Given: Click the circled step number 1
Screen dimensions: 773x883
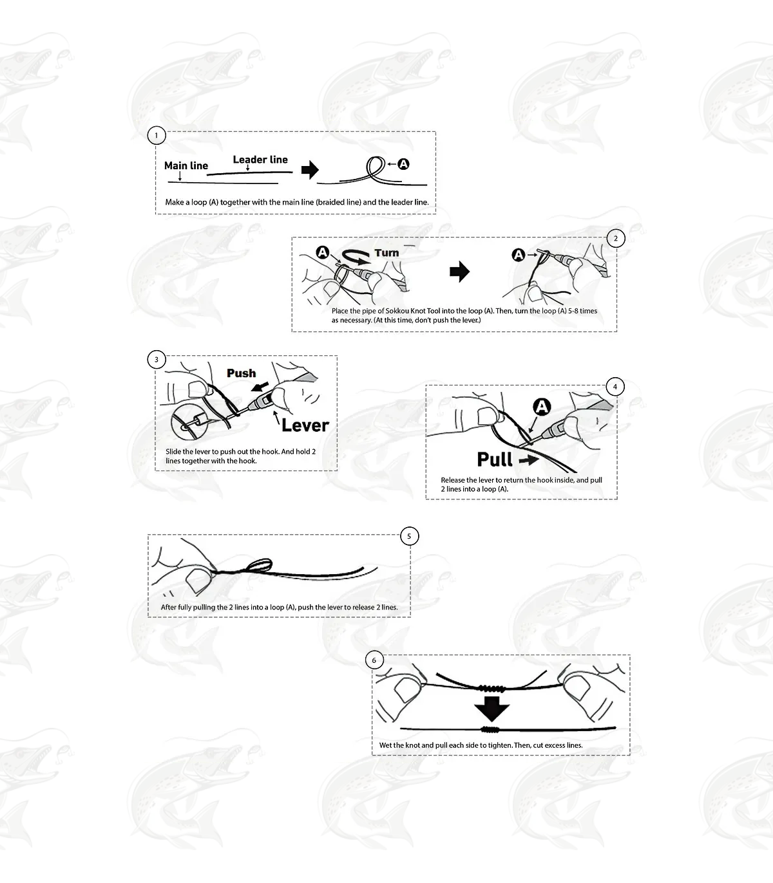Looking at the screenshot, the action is tap(157, 136).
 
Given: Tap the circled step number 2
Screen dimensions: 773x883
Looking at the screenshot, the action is tap(616, 238).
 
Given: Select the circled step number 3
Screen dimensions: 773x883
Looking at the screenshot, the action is tap(157, 360).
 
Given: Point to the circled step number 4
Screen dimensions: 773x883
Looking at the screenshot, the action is tap(615, 387).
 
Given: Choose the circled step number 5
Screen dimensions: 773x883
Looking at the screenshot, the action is tap(410, 536).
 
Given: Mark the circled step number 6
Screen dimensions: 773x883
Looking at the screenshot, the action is tap(374, 660).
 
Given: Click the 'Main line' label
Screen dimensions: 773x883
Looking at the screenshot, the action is tap(186, 166).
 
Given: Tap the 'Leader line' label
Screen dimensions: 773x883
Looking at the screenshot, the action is tap(260, 160).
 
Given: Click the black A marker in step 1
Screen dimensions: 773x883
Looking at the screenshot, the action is tap(403, 164).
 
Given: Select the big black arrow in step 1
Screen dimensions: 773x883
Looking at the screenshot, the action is tap(310, 170).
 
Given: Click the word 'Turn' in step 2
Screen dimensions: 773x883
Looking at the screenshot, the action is tap(386, 253).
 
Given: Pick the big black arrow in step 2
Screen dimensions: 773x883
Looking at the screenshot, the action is tap(459, 272).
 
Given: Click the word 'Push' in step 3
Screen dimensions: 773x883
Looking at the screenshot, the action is tap(242, 373).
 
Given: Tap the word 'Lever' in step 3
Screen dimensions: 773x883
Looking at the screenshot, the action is tap(305, 425).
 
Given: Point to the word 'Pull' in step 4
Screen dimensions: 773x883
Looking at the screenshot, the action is tap(495, 459).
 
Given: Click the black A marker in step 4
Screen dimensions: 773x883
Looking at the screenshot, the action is tap(542, 407).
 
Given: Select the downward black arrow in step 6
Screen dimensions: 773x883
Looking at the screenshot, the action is tap(492, 709).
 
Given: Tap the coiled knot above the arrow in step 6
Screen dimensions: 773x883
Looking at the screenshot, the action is tap(490, 688).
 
